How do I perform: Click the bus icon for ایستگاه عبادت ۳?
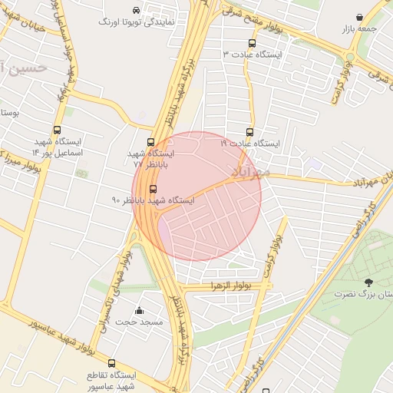(x=253, y=44)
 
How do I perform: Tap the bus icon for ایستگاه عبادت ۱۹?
(x=249, y=132)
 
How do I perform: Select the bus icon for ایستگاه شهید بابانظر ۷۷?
(x=150, y=142)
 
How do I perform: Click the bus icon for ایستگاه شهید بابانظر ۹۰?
(x=153, y=189)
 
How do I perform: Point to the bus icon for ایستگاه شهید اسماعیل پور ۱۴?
(x=58, y=131)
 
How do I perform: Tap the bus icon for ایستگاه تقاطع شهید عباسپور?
(x=112, y=363)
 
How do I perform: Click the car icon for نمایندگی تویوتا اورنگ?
(x=136, y=11)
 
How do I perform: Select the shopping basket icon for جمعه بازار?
(x=360, y=17)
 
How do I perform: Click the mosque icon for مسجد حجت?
(x=139, y=310)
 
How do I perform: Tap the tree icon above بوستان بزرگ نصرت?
(x=369, y=282)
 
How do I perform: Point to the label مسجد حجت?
(x=139, y=322)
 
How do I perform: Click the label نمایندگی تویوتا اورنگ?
(x=137, y=22)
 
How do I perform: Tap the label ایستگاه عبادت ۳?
(x=253, y=55)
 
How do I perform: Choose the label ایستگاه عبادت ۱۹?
(x=250, y=144)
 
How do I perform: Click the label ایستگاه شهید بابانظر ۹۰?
(x=153, y=200)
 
